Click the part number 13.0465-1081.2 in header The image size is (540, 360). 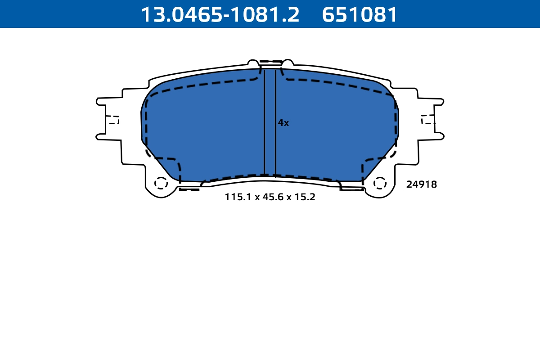click(220, 14)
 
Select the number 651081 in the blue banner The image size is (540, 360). click(360, 14)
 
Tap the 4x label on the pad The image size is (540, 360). click(283, 123)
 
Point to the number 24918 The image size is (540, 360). click(421, 184)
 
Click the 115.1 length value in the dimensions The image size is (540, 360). click(238, 197)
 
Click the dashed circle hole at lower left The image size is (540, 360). click(161, 183)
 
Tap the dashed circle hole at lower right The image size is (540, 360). click(380, 183)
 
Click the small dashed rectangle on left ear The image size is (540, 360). click(113, 120)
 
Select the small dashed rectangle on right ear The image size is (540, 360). click(428, 120)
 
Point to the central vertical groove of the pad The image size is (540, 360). click(270, 121)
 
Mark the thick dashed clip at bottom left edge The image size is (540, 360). click(189, 189)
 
